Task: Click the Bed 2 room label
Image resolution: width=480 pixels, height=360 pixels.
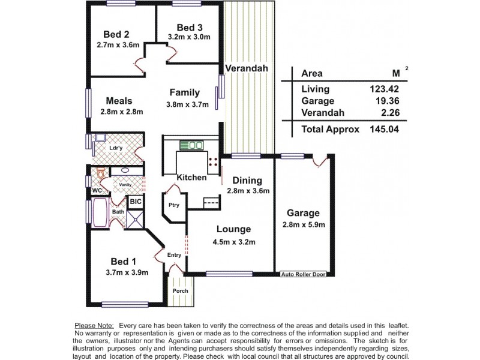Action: click(x=117, y=34)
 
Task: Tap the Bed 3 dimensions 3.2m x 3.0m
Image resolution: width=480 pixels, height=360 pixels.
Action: click(x=188, y=37)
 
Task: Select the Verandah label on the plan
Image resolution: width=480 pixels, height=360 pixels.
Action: click(x=248, y=68)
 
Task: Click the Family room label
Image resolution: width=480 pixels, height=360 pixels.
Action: click(x=184, y=92)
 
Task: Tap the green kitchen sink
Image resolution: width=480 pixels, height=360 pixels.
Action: click(x=192, y=144)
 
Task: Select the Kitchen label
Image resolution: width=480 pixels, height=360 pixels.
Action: click(x=191, y=178)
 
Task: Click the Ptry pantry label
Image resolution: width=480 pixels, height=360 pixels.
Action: click(x=174, y=205)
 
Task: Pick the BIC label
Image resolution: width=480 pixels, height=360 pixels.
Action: click(x=136, y=203)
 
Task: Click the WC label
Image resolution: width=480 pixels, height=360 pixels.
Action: click(x=97, y=191)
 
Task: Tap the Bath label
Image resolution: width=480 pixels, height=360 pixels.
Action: click(x=118, y=212)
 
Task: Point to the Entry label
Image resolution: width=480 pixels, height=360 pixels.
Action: click(x=174, y=255)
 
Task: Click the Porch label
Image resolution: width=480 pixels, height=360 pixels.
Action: click(x=180, y=291)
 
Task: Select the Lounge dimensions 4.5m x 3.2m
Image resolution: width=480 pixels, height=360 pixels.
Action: click(x=235, y=242)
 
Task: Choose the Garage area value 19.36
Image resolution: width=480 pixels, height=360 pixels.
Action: click(x=384, y=101)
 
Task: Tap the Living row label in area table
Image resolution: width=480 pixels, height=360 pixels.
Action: click(x=315, y=89)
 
